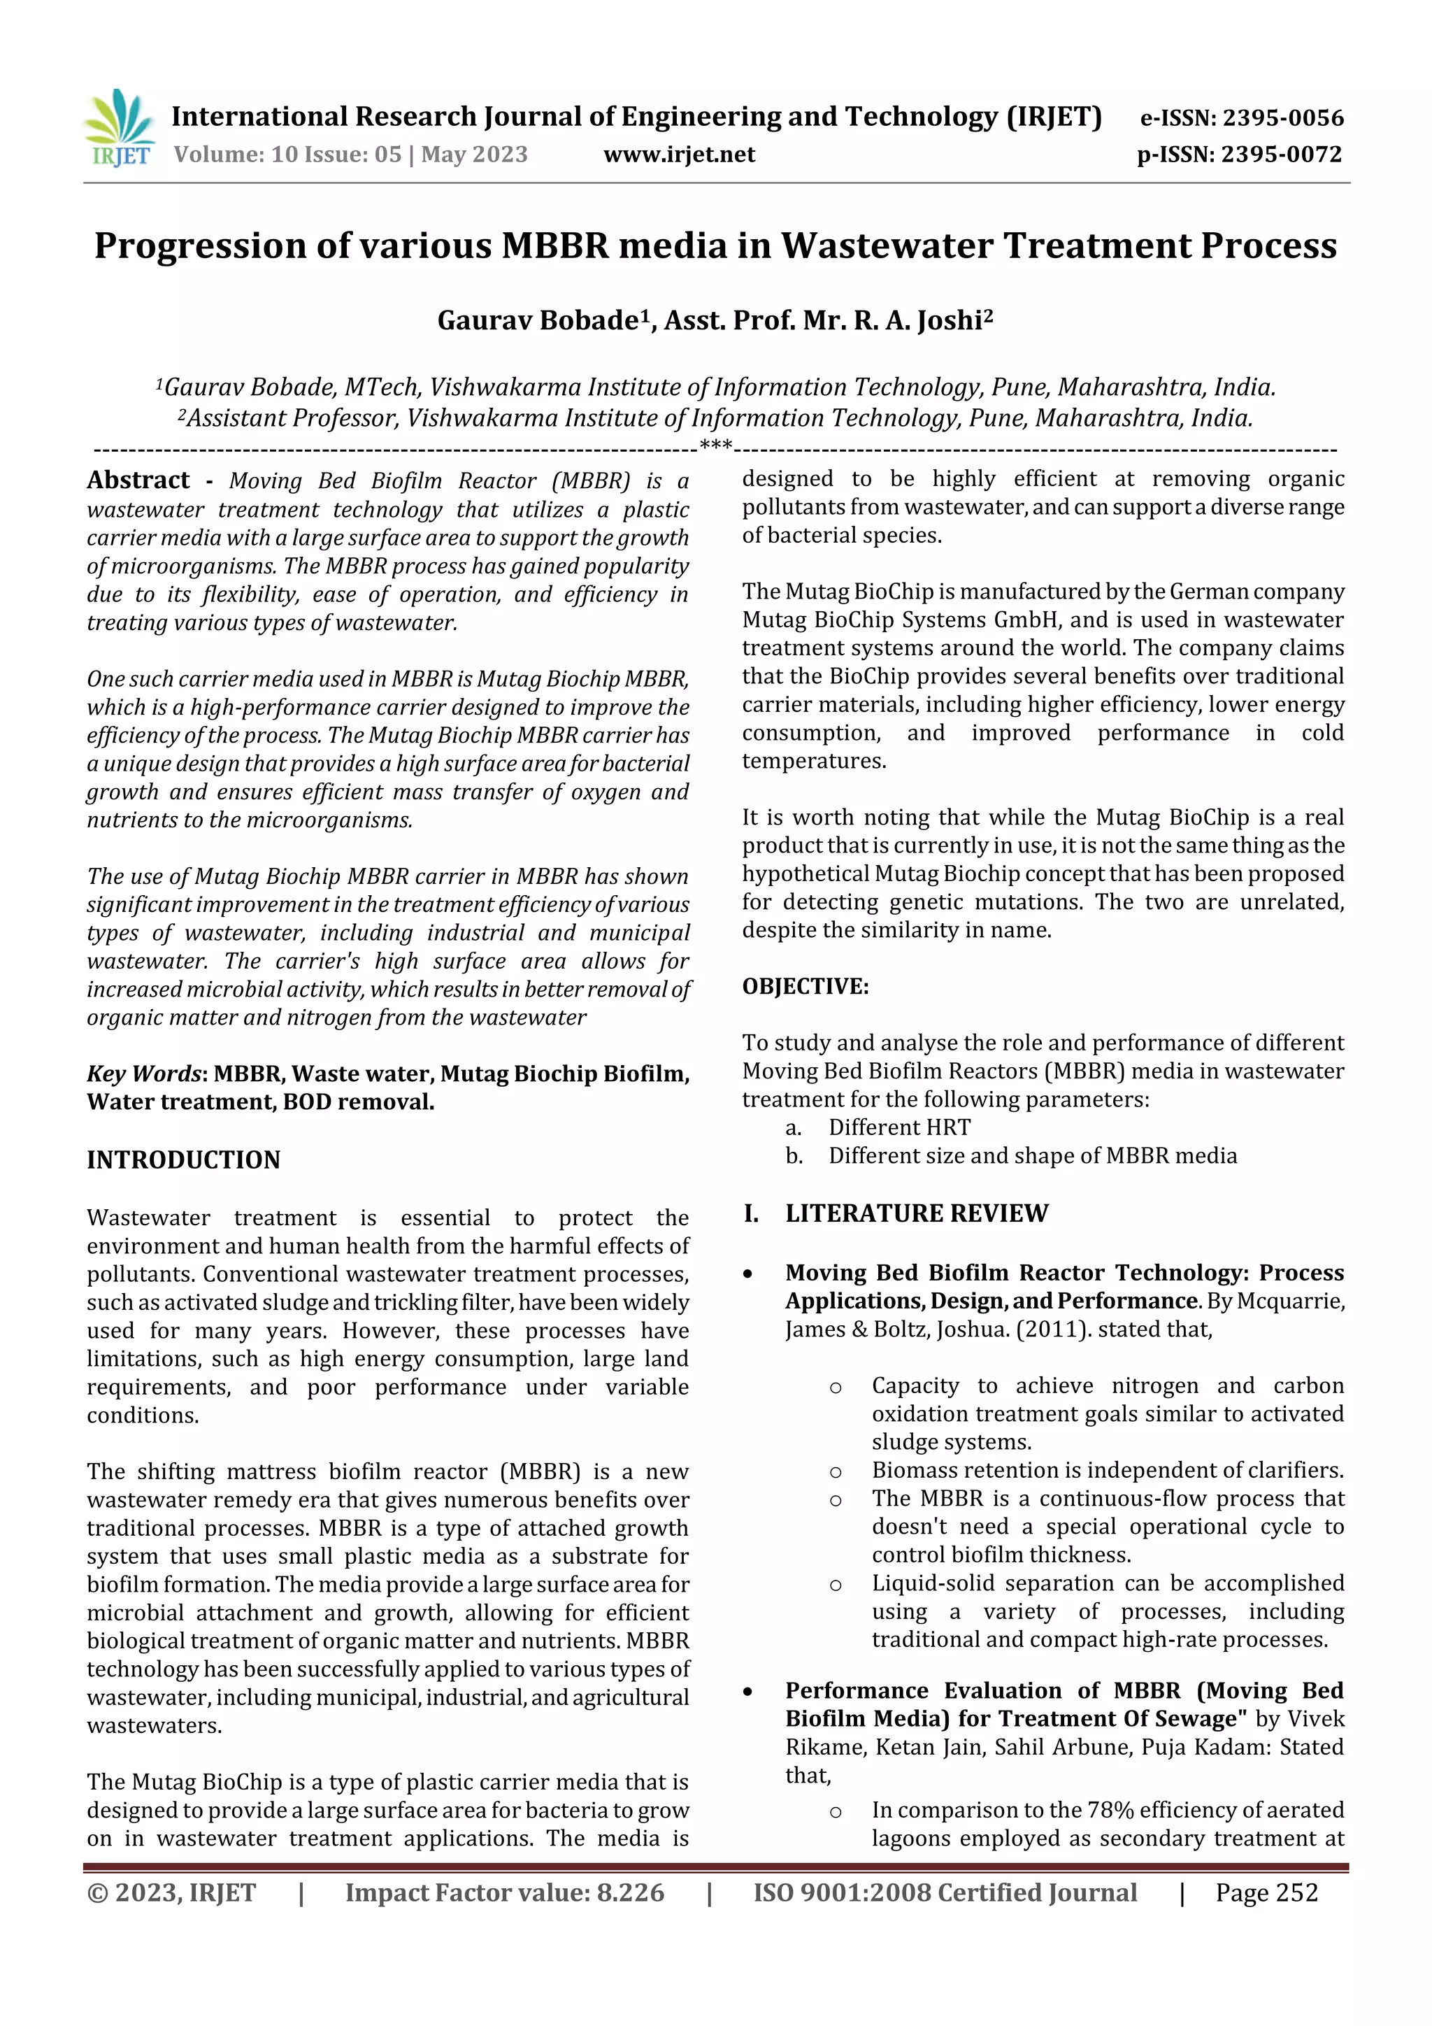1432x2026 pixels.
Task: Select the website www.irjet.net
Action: pos(678,155)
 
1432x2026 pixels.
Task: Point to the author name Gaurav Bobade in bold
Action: pos(536,320)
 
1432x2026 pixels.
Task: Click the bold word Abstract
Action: pos(138,480)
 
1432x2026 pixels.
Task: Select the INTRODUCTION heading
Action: pos(183,1160)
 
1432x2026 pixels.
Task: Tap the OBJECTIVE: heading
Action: pos(805,987)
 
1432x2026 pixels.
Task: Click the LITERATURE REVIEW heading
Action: pos(917,1213)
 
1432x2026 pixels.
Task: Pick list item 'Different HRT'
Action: pos(899,1128)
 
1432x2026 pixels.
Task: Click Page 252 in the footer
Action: pos(1266,1892)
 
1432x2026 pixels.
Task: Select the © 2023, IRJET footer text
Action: pos(171,1892)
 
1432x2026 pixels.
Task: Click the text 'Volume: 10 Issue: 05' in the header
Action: pos(287,155)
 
